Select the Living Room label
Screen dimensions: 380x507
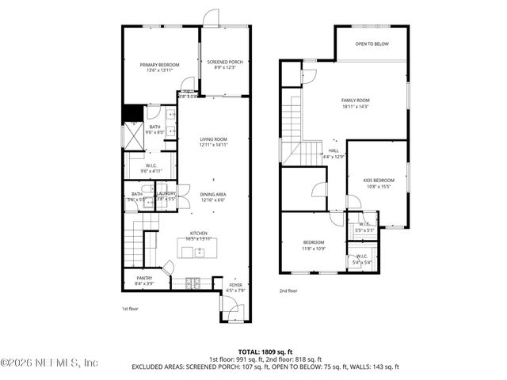click(213, 142)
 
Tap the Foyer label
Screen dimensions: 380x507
click(235, 287)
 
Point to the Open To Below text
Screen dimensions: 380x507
click(372, 44)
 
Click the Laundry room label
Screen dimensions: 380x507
click(166, 196)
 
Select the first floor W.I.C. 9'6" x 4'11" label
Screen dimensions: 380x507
click(151, 168)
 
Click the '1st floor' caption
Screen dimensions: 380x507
click(130, 308)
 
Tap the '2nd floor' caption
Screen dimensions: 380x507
click(288, 291)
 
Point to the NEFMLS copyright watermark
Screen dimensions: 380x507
click(49, 363)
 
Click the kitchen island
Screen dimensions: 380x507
click(193, 253)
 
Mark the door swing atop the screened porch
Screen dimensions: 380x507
click(211, 17)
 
